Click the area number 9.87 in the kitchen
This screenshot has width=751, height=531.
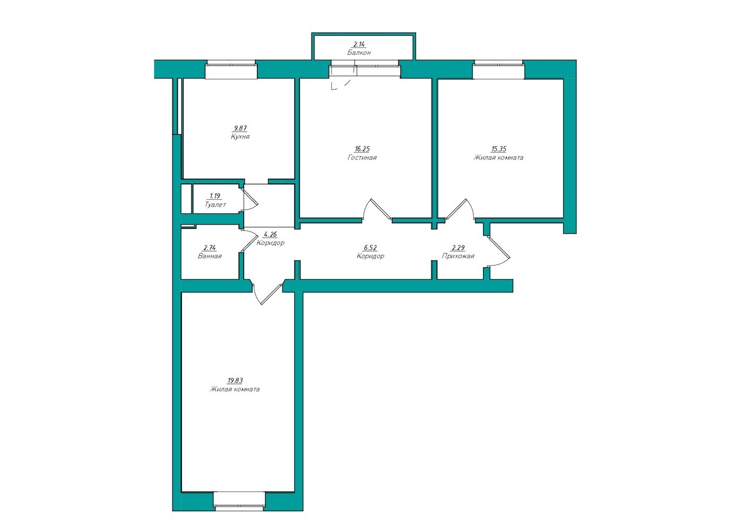[x=240, y=128]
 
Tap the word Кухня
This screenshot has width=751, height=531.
[x=240, y=136]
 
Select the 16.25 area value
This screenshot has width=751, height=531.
[x=362, y=149]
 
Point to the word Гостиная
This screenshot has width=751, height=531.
[x=362, y=157]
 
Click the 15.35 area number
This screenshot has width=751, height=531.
[x=498, y=149]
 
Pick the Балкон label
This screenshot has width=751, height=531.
[x=359, y=53]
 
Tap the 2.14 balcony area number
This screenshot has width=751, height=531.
[x=359, y=44]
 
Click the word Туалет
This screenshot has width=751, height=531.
[x=215, y=204]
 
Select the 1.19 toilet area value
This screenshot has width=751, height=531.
[x=215, y=196]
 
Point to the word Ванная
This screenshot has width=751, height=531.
[x=210, y=256]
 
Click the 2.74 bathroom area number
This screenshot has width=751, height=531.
[x=210, y=248]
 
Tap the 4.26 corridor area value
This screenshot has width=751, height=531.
[x=270, y=235]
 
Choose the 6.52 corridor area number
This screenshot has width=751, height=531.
[x=370, y=248]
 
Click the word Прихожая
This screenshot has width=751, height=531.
[x=458, y=256]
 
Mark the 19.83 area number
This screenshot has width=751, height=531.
[x=235, y=381]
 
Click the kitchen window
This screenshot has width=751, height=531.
[x=231, y=70]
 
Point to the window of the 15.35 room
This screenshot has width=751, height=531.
[x=498, y=70]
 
